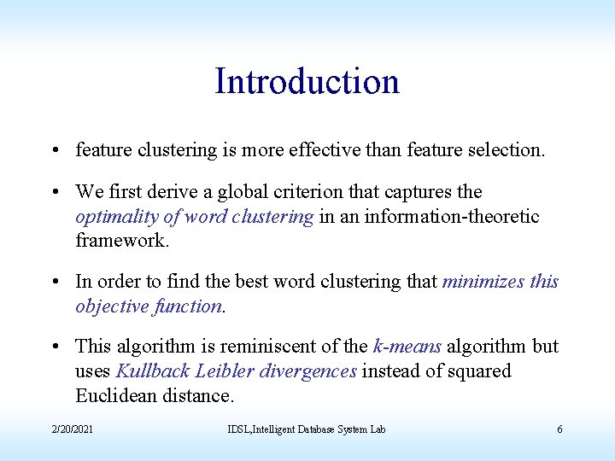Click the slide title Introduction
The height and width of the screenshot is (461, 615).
click(307, 82)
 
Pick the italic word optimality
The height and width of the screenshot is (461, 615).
click(116, 217)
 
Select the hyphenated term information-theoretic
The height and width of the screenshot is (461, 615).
click(452, 217)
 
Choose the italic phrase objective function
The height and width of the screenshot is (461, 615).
click(148, 306)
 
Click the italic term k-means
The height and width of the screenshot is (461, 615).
click(407, 347)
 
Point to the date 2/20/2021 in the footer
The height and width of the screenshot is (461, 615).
click(72, 429)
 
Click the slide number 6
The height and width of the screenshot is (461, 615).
click(559, 429)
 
